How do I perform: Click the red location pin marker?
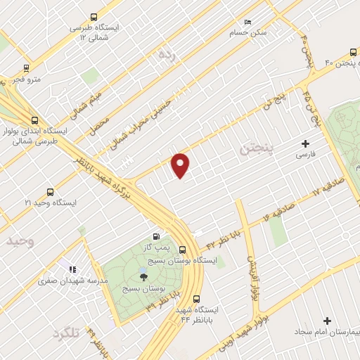pyautogui.click(x=181, y=165)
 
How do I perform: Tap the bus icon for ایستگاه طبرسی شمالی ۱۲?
pyautogui.click(x=94, y=18)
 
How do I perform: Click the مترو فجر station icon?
pyautogui.click(x=26, y=69)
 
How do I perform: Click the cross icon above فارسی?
pyautogui.click(x=304, y=143)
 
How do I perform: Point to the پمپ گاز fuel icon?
pyautogui.click(x=156, y=236)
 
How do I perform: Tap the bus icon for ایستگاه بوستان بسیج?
pyautogui.click(x=182, y=250)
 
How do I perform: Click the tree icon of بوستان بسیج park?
pyautogui.click(x=144, y=276)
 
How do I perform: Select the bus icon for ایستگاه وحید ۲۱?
pyautogui.click(x=49, y=192)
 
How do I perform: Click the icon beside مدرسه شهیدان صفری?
pyautogui.click(x=72, y=269)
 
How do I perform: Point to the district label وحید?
pyautogui.click(x=20, y=240)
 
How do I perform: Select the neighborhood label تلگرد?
pyautogui.click(x=66, y=335)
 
